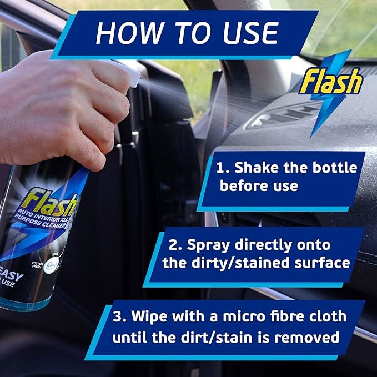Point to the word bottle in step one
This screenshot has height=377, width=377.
click(x=331, y=168)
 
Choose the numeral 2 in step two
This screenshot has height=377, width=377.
click(x=173, y=244)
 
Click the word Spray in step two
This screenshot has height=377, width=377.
click(x=211, y=244)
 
